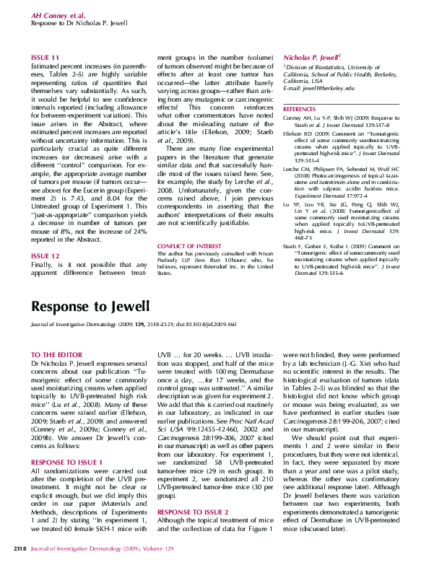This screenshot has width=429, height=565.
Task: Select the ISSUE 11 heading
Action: (x=45, y=57)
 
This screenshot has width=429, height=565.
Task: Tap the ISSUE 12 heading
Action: (x=45, y=236)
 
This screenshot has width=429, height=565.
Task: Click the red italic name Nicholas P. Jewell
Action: (x=311, y=56)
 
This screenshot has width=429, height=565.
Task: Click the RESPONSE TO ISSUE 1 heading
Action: (x=66, y=441)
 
